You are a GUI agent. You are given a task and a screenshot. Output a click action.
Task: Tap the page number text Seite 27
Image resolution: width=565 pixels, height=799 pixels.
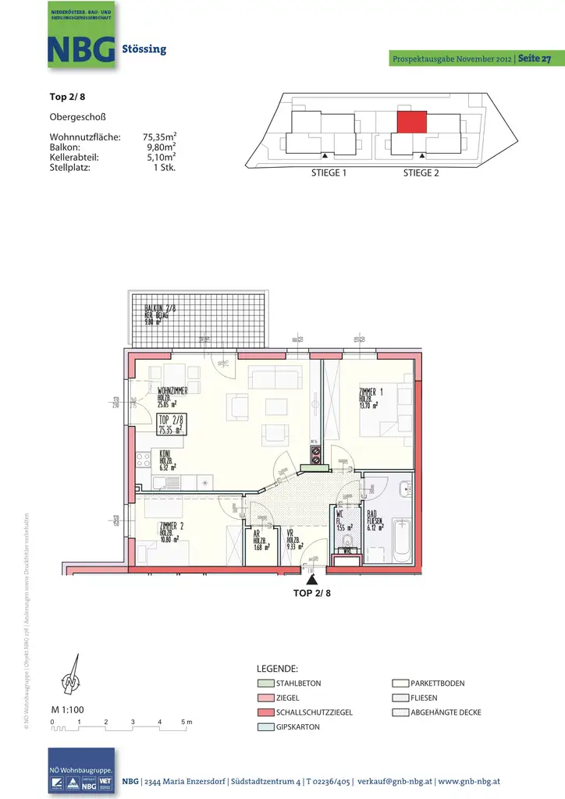pos(535,59)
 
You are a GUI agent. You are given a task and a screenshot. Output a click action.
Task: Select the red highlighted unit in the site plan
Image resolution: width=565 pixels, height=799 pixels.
pos(412,122)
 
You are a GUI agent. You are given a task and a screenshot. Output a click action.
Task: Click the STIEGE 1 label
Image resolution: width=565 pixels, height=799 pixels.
pos(329,173)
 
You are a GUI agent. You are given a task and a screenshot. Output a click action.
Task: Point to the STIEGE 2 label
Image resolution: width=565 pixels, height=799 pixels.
pos(421,173)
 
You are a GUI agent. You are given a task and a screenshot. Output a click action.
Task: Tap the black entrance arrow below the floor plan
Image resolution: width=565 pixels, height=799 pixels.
pos(312,580)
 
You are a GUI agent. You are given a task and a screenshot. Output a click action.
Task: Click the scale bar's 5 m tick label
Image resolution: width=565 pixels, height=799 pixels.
pos(187,723)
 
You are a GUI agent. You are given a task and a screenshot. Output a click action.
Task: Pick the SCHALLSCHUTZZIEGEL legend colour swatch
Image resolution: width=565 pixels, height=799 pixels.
pos(265,712)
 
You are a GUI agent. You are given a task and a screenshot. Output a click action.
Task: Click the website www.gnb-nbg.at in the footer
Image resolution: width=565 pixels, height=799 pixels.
pos(468,781)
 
